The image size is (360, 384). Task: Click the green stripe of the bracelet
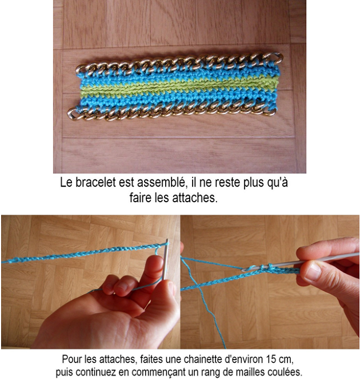pos(177,87)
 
